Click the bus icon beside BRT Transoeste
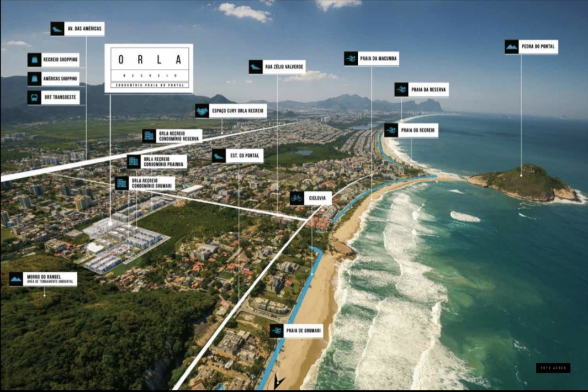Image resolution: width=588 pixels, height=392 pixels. (x=34, y=98)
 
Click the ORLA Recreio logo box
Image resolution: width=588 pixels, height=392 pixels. (x=149, y=68)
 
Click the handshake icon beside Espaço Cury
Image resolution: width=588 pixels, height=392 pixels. (x=202, y=111)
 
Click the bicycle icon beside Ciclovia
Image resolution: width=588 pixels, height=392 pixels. (x=296, y=198)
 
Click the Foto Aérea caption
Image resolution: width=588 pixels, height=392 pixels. (x=553, y=368)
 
